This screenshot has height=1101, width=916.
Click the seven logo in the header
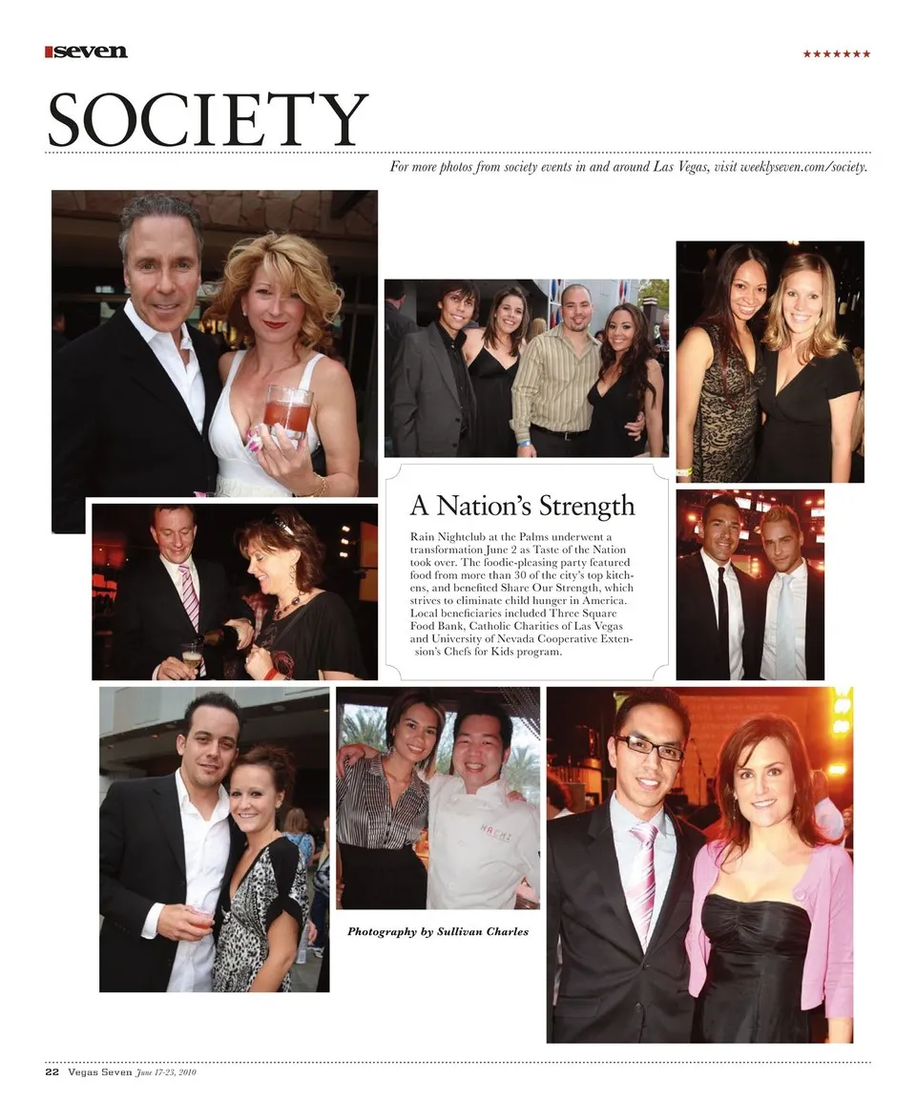87,52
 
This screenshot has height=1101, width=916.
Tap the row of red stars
836,54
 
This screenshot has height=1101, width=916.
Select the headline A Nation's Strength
522,505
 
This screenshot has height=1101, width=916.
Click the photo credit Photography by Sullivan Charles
437,931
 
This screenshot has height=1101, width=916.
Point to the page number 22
52,1071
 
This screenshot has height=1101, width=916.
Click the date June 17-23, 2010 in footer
166,1072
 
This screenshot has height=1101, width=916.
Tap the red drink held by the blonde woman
287,410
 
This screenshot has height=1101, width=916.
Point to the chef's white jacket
482,849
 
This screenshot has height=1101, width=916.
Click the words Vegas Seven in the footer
100,1071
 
